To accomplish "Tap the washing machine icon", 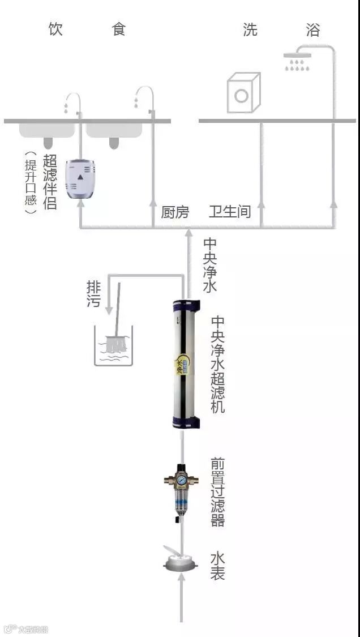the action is [x=243, y=93].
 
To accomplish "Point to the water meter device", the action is [x=181, y=563].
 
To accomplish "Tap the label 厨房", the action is [x=175, y=212].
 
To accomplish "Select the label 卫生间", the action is [x=230, y=212].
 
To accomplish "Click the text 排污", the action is [x=94, y=293].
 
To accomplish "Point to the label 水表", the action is [x=217, y=566].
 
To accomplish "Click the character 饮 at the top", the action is [x=55, y=29].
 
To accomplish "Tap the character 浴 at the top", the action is [x=313, y=29].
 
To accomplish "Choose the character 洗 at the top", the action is [x=250, y=29].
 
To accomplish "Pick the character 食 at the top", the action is [x=119, y=29].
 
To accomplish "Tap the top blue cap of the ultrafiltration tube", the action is [x=187, y=306].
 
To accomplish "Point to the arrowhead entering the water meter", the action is [x=181, y=578].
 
